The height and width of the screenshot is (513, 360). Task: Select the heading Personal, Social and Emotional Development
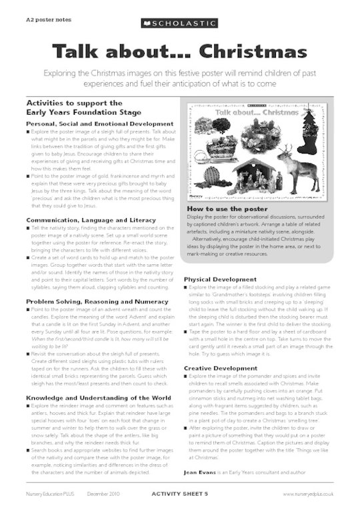coord(91,124)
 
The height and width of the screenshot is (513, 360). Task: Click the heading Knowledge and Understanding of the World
coord(91,378)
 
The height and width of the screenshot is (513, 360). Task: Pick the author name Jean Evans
coord(200,473)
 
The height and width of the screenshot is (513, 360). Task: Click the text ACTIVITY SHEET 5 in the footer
coord(180,494)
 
